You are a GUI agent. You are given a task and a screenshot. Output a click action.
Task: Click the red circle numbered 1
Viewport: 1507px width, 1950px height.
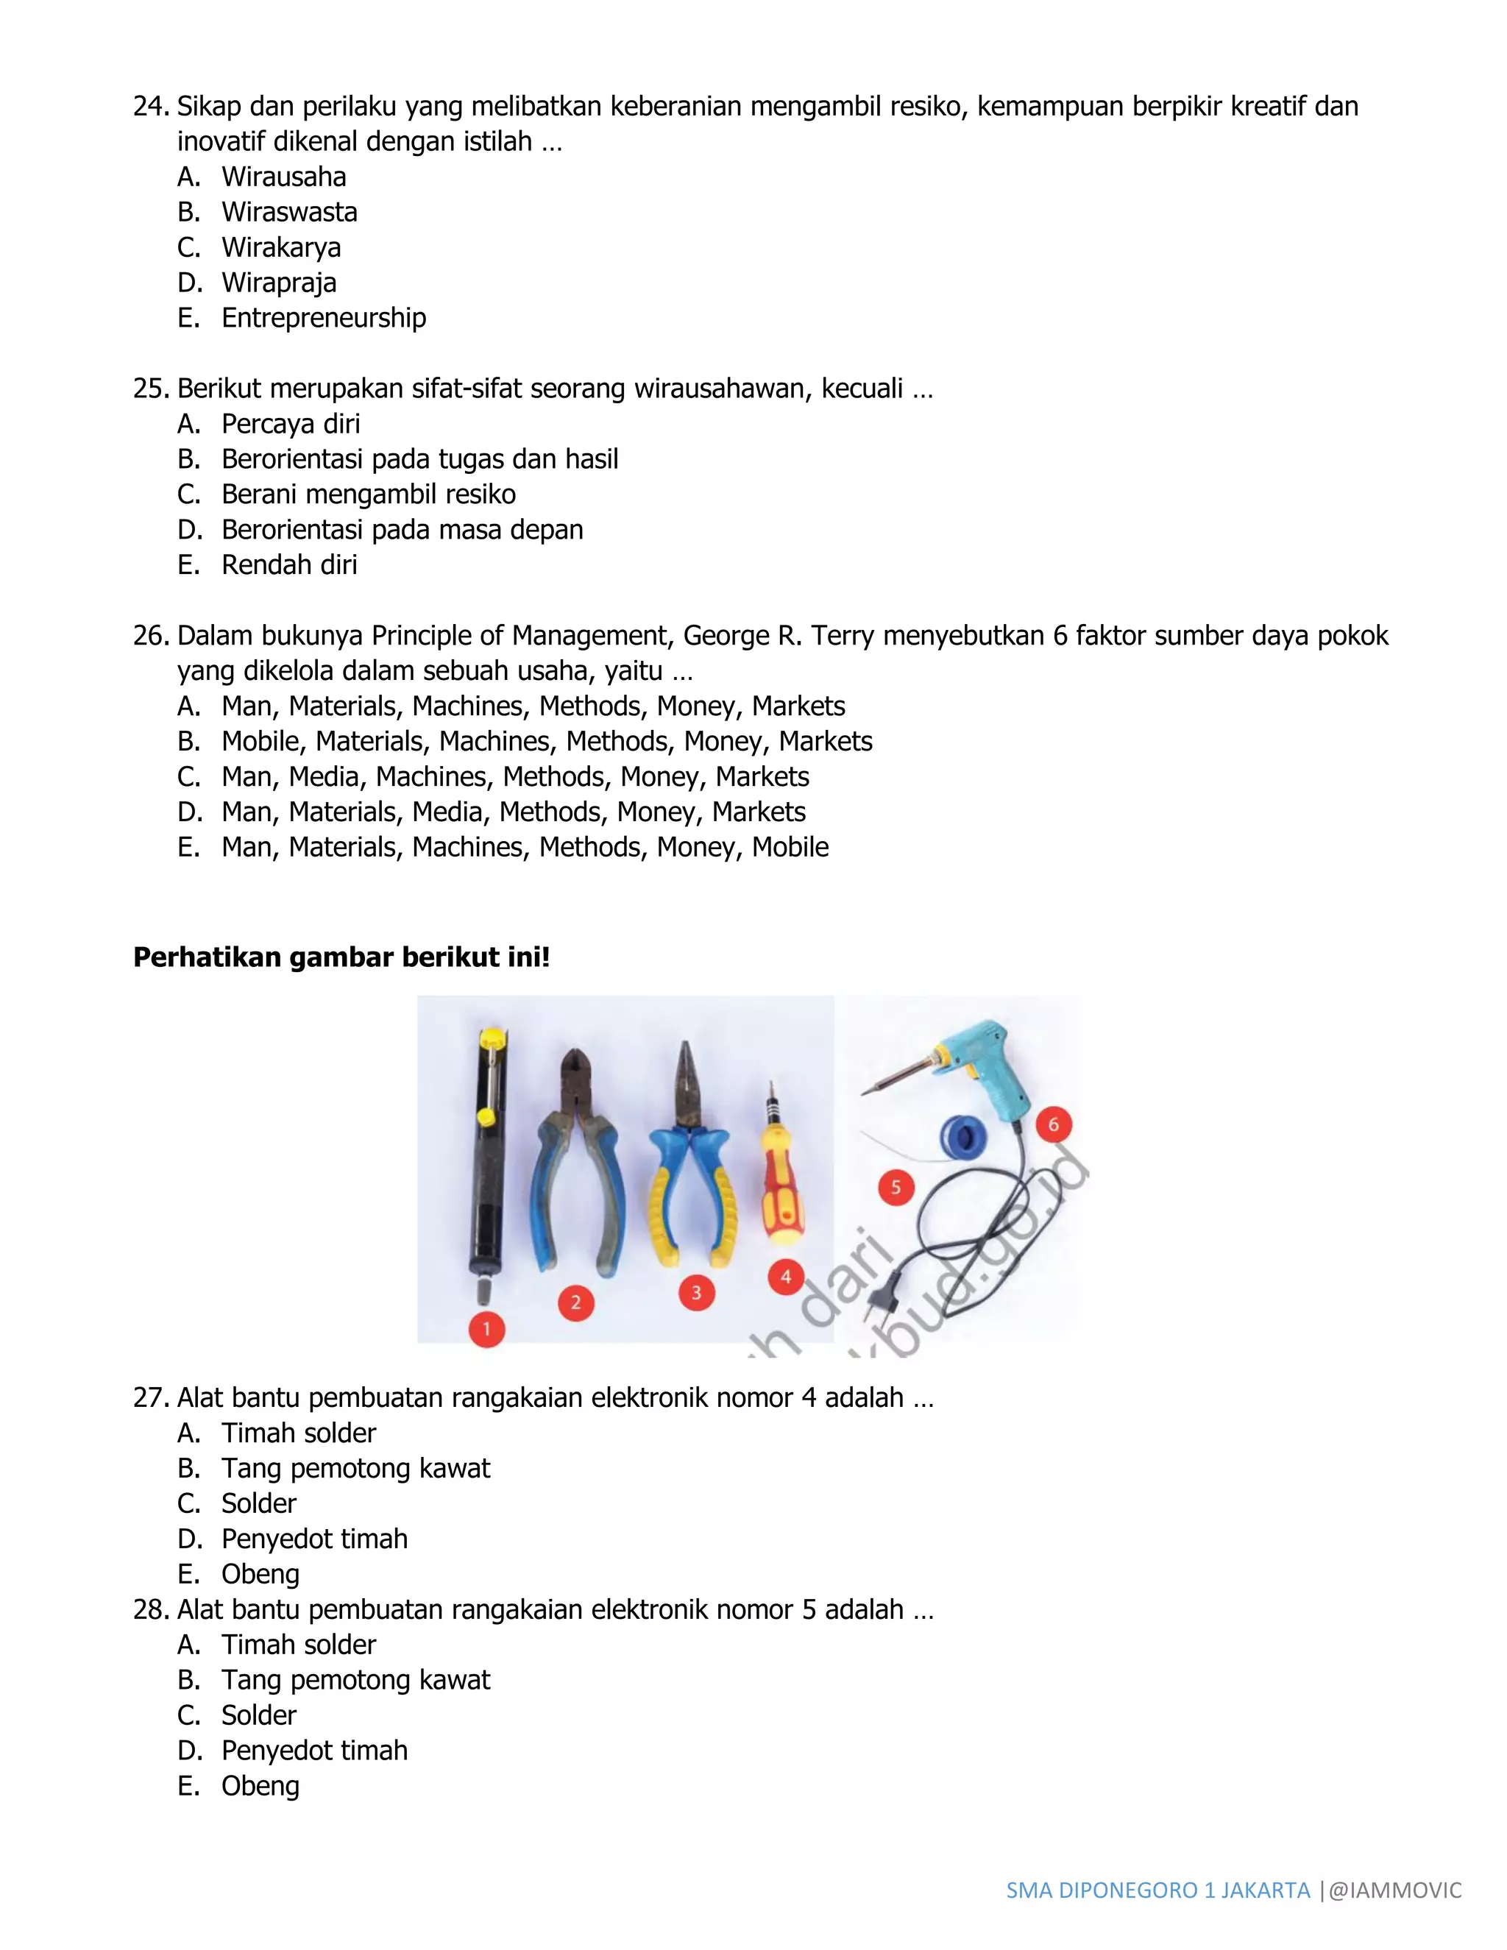[x=486, y=1328]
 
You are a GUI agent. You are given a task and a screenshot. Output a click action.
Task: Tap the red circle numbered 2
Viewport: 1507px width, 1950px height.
[x=576, y=1302]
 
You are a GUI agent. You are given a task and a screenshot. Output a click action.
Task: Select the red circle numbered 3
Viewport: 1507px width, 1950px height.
[x=696, y=1293]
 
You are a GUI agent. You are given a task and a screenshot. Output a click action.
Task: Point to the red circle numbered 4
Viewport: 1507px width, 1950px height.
[x=786, y=1277]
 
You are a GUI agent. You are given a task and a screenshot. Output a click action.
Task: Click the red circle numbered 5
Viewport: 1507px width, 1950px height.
[x=896, y=1188]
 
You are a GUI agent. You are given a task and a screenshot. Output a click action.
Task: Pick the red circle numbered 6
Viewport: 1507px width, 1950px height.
[x=1054, y=1125]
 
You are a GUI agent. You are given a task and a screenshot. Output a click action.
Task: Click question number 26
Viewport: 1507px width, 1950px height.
[x=151, y=636]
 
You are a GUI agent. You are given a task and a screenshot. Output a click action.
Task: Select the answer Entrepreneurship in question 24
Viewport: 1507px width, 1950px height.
[x=323, y=318]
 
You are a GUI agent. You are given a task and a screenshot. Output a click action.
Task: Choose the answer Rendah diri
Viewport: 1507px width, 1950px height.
[x=288, y=565]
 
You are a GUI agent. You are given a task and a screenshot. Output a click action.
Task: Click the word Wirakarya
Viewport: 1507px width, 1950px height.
[x=280, y=247]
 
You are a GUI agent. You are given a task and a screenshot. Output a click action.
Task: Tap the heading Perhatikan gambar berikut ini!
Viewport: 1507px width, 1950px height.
[x=341, y=957]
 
